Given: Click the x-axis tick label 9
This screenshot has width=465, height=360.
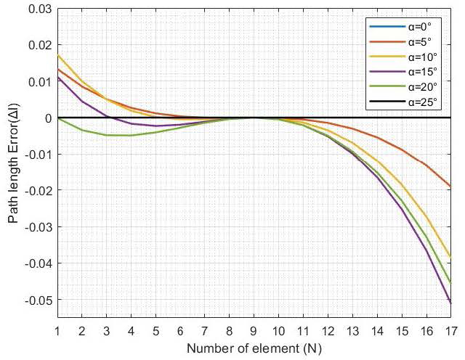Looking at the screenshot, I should pos(254,330).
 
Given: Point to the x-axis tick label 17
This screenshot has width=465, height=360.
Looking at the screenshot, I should pos(450,330).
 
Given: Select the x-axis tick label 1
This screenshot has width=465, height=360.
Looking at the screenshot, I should pos(57,330).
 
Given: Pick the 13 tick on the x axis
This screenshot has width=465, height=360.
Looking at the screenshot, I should pos(352,330).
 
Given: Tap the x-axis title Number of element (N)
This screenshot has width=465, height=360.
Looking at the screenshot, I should pos(254,348).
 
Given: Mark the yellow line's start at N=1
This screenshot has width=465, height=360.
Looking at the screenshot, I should pos(57,55).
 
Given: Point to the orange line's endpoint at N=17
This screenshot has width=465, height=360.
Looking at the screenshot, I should pos(450,187).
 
